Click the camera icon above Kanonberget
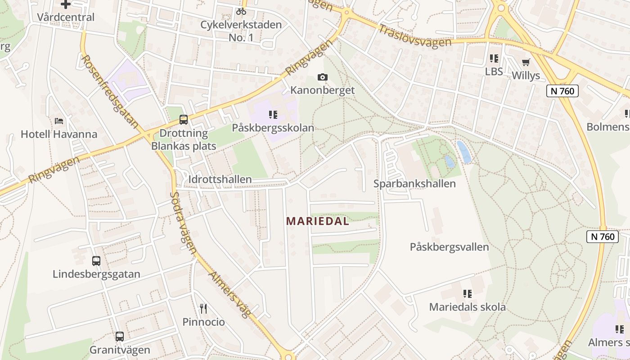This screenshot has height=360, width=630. (x=322, y=77)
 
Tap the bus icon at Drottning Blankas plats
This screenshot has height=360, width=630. (x=183, y=120)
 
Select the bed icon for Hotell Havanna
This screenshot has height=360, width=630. (x=59, y=121)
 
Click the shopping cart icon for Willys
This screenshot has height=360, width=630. (x=526, y=62)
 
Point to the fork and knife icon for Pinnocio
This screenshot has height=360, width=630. (x=203, y=309)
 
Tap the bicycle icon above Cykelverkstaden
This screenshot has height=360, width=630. (x=241, y=11)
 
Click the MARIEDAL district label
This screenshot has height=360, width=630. (x=318, y=221)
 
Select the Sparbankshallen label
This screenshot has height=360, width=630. (x=414, y=184)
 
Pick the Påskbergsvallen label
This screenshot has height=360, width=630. (x=449, y=247)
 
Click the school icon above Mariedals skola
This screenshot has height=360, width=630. (x=468, y=294)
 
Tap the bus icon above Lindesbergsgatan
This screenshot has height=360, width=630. (x=96, y=261)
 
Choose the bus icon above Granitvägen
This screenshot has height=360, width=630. (x=119, y=336)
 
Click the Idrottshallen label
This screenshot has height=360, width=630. (x=220, y=180)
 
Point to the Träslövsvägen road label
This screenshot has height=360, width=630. (x=414, y=36)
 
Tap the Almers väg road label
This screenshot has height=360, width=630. (x=229, y=294)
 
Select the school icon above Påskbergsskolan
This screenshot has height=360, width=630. (x=273, y=115)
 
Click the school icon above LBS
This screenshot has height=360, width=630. (x=494, y=58)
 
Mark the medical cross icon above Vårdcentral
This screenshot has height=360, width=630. (x=66, y=4)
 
